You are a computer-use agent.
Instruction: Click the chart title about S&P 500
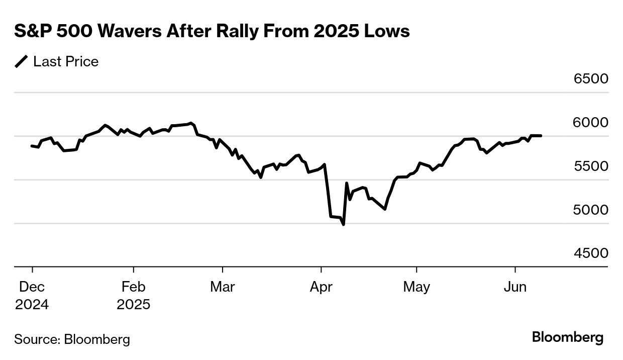[212, 32]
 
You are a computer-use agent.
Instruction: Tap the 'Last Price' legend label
[66, 62]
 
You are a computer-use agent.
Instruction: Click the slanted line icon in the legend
[22, 62]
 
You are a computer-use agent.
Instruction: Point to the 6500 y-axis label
[591, 79]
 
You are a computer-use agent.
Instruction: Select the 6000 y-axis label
[591, 123]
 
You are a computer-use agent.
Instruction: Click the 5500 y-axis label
[591, 166]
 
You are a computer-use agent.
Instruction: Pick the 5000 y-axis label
[591, 210]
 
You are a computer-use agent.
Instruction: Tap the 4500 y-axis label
[591, 253]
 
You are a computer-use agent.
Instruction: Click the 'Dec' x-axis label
[32, 287]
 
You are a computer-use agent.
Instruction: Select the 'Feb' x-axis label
[133, 287]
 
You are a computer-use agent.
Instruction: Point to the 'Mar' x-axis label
[222, 287]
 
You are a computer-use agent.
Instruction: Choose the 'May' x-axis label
[417, 287]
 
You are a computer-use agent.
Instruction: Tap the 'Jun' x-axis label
[515, 287]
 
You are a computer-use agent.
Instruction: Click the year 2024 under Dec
[32, 305]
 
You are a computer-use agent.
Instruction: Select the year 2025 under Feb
[133, 305]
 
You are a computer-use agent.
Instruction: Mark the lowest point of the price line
[344, 224]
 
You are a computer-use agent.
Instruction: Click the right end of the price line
[541, 136]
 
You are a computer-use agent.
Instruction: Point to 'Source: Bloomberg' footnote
[72, 339]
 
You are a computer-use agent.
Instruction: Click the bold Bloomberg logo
[568, 337]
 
